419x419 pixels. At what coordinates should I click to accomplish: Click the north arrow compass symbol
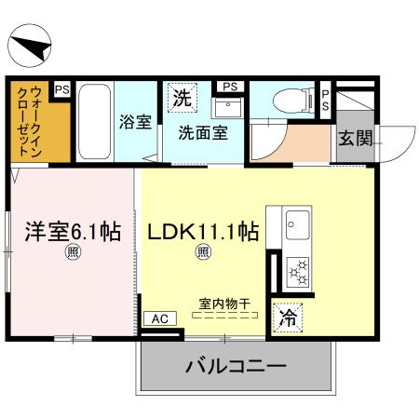coord(30,46)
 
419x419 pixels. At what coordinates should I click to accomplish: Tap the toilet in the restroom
coord(293,100)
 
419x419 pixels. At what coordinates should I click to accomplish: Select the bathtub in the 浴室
coord(94,122)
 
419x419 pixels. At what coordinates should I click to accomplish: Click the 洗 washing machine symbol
coord(182,98)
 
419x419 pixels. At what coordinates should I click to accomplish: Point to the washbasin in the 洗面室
coord(228,107)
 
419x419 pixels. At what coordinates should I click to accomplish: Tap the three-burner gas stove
coord(298,272)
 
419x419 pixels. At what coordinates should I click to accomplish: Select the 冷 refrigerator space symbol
coord(288,318)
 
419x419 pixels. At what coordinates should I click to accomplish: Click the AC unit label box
coord(160,318)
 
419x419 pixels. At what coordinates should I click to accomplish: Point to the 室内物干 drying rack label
coord(224,304)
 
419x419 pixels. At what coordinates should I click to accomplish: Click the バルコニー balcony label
coord(236,367)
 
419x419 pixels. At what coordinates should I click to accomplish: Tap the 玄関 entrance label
coord(355,138)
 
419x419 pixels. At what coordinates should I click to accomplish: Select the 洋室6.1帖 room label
coord(73,232)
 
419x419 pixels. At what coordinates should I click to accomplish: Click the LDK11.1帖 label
coord(203,232)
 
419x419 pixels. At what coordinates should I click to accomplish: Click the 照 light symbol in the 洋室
coord(73,252)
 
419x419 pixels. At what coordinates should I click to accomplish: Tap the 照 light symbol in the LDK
coord(203,252)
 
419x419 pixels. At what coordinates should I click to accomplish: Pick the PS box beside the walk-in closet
coord(62,89)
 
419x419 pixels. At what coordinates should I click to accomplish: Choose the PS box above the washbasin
coord(230,87)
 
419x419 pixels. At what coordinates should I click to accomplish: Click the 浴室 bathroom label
coord(136,122)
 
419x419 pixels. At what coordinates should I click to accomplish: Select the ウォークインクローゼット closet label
coord(30,122)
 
